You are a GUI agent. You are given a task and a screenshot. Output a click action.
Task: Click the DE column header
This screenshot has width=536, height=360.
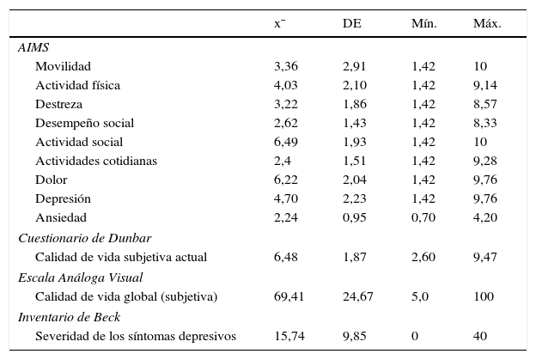(351, 23)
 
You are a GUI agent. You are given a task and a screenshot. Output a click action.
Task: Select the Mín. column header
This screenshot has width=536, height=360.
(423, 23)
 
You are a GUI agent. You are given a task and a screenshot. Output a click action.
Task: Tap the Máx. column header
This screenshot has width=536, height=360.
(487, 23)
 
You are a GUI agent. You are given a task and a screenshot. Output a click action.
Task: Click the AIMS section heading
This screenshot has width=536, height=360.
(33, 48)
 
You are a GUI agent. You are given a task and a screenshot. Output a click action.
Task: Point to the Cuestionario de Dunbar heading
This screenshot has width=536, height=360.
(85, 238)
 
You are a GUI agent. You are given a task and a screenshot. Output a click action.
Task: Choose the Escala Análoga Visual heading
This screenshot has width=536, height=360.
(80, 277)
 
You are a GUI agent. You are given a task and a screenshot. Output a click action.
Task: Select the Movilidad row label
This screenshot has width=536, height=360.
(63, 66)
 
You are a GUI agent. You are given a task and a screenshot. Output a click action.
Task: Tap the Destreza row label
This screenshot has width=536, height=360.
(58, 104)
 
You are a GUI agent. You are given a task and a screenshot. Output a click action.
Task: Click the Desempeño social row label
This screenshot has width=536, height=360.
(84, 123)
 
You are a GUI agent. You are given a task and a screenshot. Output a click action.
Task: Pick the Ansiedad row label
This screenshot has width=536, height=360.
(61, 218)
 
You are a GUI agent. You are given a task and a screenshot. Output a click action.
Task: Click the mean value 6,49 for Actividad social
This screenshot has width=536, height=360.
(286, 142)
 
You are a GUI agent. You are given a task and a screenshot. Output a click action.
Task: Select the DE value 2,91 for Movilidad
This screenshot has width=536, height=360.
(355, 66)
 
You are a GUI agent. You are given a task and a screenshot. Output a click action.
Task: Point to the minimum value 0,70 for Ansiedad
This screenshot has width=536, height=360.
(423, 218)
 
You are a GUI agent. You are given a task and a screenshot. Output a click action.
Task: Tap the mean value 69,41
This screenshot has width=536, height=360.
(289, 296)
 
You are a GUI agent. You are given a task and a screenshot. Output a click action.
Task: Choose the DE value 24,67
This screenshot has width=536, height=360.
(358, 296)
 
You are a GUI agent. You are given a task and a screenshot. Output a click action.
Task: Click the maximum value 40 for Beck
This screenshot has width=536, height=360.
(480, 336)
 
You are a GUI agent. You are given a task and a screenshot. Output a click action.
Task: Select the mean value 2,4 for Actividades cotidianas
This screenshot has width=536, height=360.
(283, 161)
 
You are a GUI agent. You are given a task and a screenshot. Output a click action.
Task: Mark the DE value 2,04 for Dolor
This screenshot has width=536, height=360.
(355, 180)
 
